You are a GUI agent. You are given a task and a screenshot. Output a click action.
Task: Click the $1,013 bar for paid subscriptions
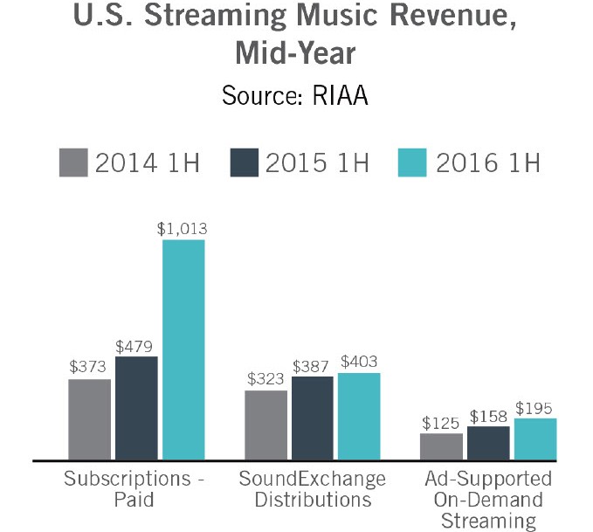point(183,349)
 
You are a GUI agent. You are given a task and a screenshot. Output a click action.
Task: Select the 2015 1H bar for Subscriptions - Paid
point(136,407)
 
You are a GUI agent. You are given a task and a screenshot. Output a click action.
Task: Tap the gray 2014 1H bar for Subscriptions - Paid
point(89,418)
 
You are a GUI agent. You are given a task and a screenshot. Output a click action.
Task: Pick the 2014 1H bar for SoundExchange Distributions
point(266,425)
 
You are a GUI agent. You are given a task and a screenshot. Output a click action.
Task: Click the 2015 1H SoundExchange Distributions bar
point(313,418)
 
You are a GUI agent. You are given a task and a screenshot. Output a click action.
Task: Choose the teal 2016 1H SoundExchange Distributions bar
point(359,416)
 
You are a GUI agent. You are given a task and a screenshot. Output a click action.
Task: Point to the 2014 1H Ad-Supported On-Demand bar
point(441,446)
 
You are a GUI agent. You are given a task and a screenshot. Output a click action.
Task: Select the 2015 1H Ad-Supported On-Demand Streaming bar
point(488,443)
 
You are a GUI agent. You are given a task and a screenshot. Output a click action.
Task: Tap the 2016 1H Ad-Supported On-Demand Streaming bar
point(535,439)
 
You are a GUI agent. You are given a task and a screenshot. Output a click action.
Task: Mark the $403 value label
point(360,361)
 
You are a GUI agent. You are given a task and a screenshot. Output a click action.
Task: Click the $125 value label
point(441,422)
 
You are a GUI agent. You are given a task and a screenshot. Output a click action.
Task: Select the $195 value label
point(534,407)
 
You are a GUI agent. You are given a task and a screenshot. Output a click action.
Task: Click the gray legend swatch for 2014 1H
point(74,162)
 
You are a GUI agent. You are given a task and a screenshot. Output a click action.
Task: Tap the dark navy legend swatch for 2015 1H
point(245,162)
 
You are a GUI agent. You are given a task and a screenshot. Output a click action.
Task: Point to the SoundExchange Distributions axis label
point(312,489)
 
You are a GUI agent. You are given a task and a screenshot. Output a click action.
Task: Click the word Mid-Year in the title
point(295,53)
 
